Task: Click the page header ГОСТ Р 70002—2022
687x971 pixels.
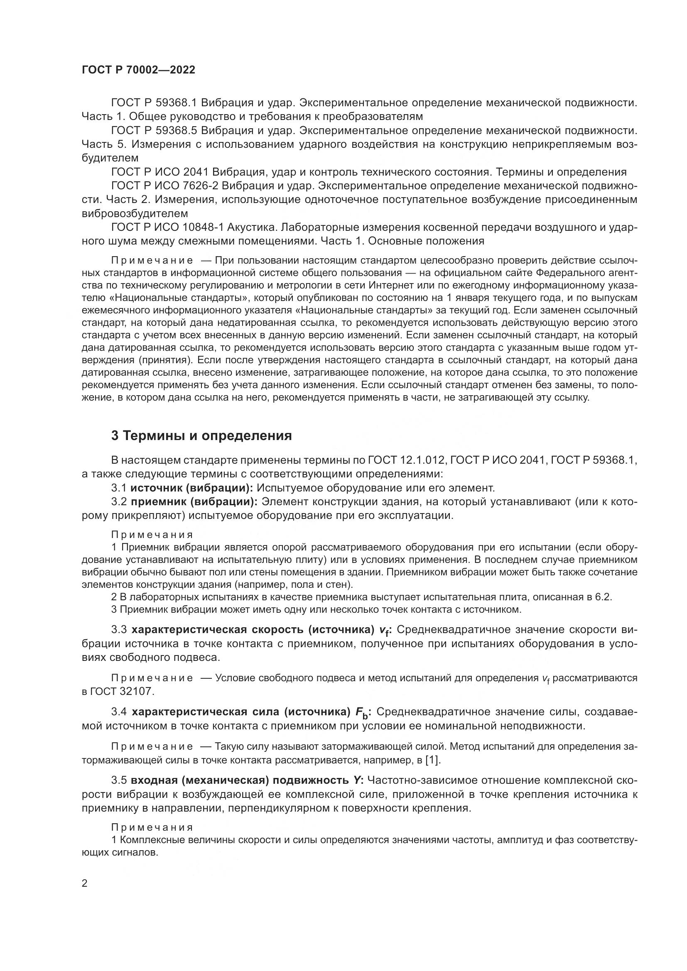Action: click(x=138, y=70)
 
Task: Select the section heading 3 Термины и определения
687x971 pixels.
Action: click(x=201, y=435)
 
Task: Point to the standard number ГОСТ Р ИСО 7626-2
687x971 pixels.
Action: click(x=166, y=186)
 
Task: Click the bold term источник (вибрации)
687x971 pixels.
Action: click(x=191, y=488)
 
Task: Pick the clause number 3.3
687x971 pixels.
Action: click(x=119, y=630)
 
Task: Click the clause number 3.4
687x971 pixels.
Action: click(x=119, y=712)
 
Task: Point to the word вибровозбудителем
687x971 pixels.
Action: click(x=135, y=213)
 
